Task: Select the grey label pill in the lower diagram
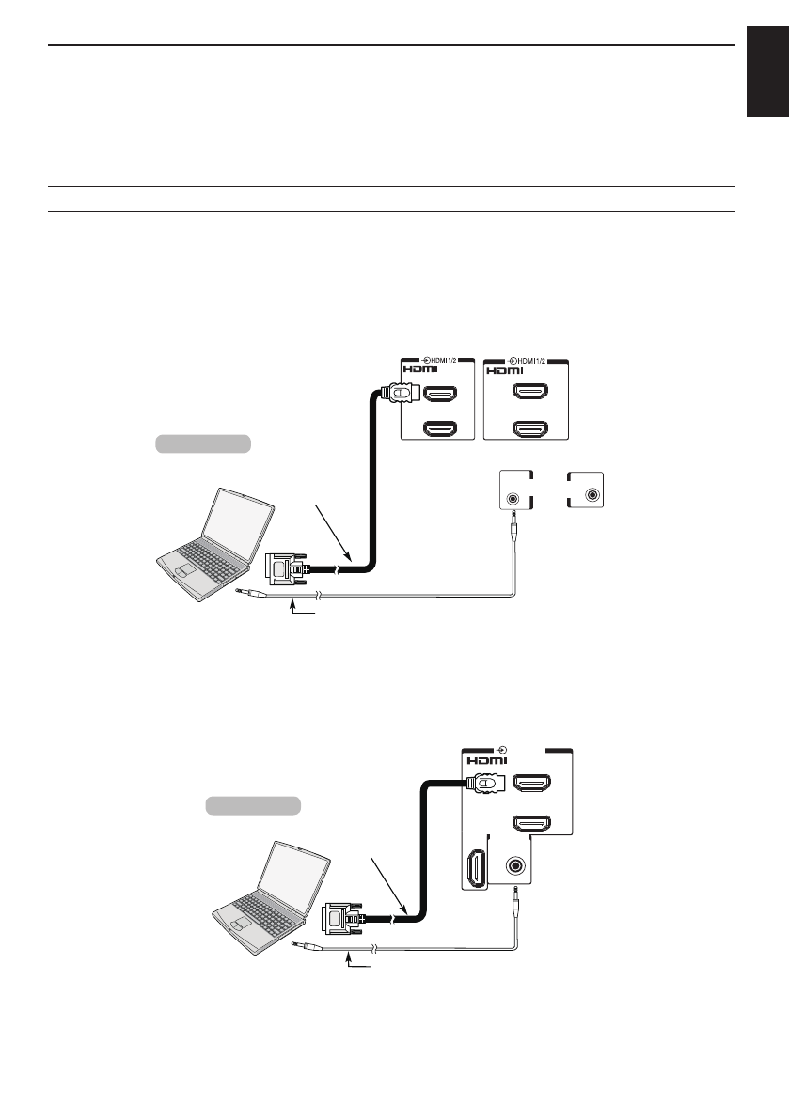[253, 805]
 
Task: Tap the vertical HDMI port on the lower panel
[475, 865]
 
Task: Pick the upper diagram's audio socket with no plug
[592, 494]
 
